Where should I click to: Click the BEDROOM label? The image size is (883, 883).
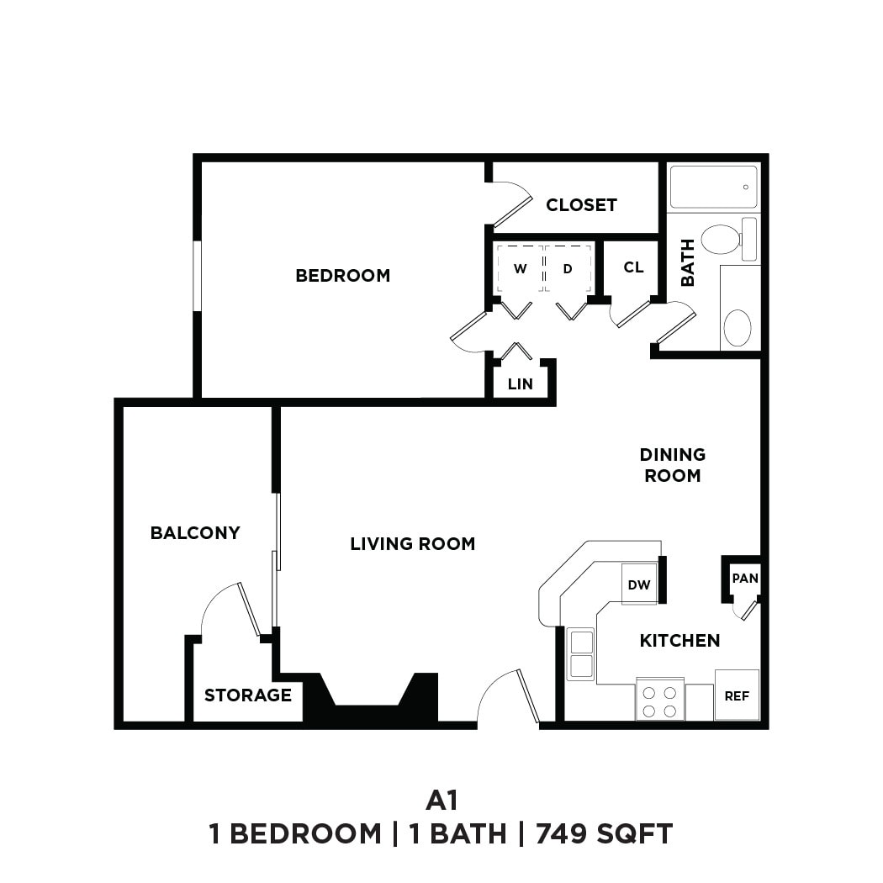click(342, 275)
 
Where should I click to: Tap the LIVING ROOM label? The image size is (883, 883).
click(412, 544)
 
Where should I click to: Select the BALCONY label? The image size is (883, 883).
click(195, 532)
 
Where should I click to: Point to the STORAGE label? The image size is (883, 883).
click(247, 695)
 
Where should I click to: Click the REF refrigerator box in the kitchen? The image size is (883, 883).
click(737, 695)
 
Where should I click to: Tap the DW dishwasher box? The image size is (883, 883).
click(639, 584)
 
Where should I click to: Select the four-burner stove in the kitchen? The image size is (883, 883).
click(659, 701)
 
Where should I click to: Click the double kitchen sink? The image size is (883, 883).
click(580, 653)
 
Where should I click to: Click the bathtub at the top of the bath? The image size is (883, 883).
click(713, 187)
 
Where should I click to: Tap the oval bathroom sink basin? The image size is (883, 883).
click(738, 327)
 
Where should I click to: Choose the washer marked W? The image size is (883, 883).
click(520, 269)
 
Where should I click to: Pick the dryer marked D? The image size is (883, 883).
click(568, 269)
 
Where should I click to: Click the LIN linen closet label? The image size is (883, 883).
click(521, 384)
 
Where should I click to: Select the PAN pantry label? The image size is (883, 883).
click(744, 578)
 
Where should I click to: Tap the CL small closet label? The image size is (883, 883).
click(633, 267)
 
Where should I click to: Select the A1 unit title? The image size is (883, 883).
click(442, 797)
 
